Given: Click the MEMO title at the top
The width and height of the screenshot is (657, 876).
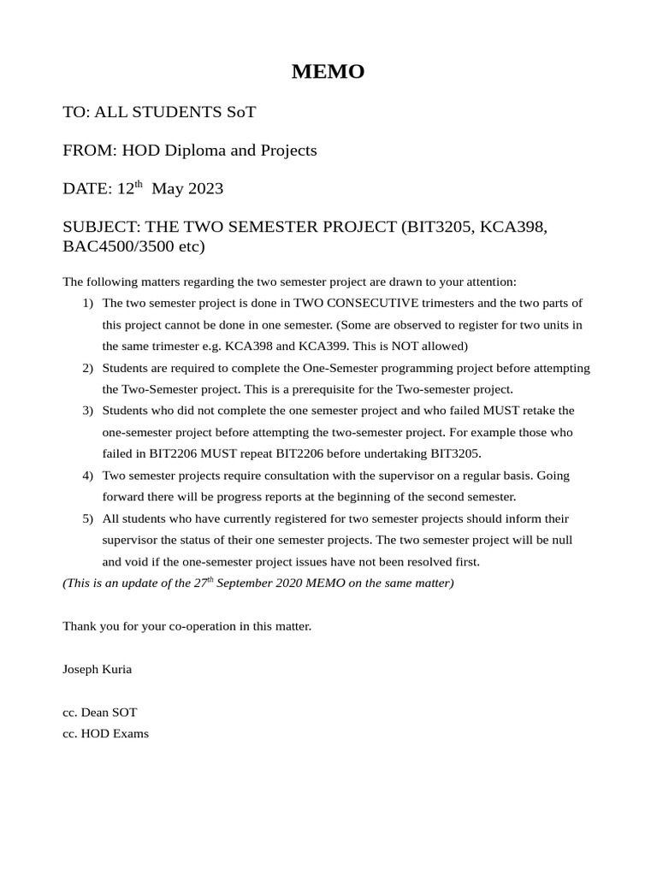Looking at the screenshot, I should point(328,72).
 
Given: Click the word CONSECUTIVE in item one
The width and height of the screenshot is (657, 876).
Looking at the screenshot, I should point(370,303).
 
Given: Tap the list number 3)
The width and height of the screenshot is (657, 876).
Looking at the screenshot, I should point(88,411).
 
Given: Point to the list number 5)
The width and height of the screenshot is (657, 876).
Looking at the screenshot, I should point(88,518).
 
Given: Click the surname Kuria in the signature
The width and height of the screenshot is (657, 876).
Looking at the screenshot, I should point(115,669).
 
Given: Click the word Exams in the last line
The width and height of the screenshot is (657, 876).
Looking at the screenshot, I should point(131,733).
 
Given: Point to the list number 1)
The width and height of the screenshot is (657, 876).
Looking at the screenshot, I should point(88,303).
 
